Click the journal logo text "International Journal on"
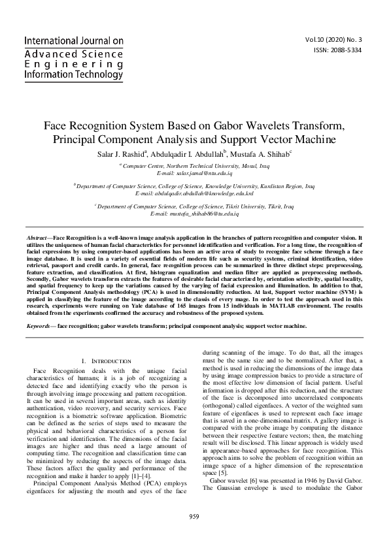[73, 40]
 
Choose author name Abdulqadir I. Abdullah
[190, 153]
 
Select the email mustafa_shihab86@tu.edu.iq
[194, 214]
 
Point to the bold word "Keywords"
[39, 325]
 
